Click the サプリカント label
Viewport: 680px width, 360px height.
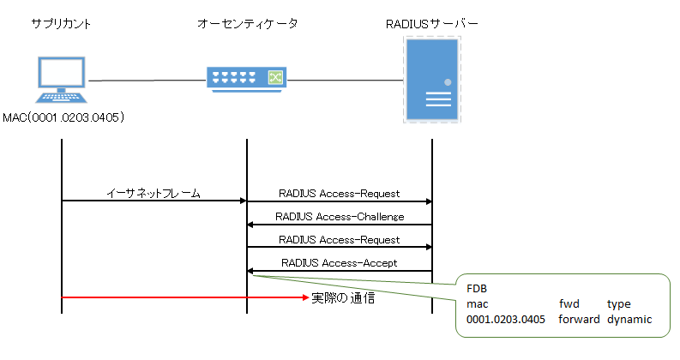61,23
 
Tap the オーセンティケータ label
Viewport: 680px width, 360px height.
247,23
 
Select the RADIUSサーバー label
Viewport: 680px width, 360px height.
431,23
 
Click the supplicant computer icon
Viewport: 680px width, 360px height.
61,81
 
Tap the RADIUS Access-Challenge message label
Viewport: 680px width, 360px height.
340,217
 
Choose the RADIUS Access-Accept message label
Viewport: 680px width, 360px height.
340,263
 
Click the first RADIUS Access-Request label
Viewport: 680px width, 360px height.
340,194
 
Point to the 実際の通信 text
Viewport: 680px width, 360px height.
342,299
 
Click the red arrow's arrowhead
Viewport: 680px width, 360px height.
304,298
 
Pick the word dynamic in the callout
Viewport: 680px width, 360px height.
629,320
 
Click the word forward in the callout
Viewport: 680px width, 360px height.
579,320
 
